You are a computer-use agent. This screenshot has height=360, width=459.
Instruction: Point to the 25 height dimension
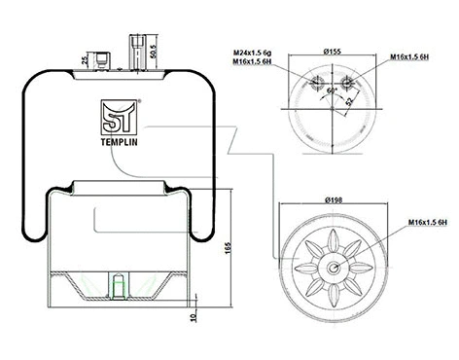(86, 60)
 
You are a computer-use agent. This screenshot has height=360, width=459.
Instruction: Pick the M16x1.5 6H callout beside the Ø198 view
(426, 223)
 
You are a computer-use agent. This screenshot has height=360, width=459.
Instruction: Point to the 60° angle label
(330, 89)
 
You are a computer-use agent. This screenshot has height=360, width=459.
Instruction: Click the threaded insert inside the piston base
(119, 287)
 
